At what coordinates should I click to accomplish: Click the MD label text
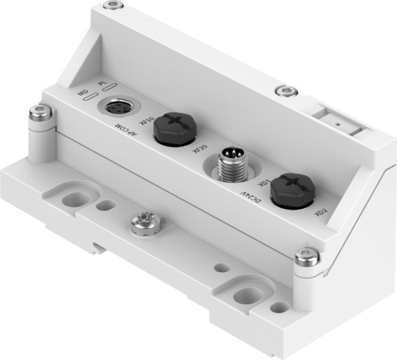[x=82, y=94]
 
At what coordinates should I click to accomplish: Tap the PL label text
[x=102, y=84]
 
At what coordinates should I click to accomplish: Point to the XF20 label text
[x=199, y=147]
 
